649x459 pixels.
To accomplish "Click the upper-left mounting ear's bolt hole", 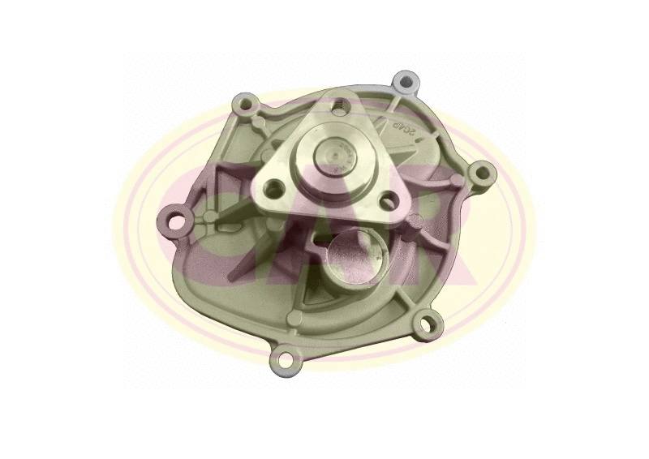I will (x=239, y=105).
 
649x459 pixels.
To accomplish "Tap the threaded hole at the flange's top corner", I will (x=340, y=105).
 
